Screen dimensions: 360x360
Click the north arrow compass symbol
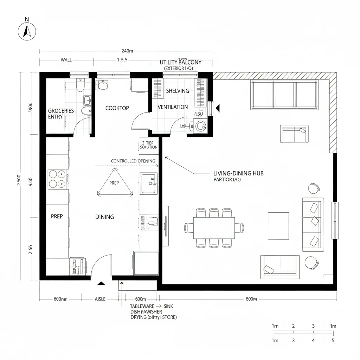27,32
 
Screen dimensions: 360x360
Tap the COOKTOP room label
117,108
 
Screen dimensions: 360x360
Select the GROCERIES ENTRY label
61,114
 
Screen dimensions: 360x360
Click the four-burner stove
58,179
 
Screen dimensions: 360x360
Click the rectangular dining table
214,228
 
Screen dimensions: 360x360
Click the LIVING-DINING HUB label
238,173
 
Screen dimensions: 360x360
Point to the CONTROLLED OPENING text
133,161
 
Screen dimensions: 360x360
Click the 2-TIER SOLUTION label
148,145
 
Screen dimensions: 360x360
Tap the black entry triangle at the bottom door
102,283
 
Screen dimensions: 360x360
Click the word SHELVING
177,91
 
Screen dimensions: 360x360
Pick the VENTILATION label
172,107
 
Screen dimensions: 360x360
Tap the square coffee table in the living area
278,225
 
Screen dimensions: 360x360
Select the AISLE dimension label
100,299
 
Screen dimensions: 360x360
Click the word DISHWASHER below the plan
146,312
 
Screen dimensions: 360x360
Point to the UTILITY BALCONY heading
181,62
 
